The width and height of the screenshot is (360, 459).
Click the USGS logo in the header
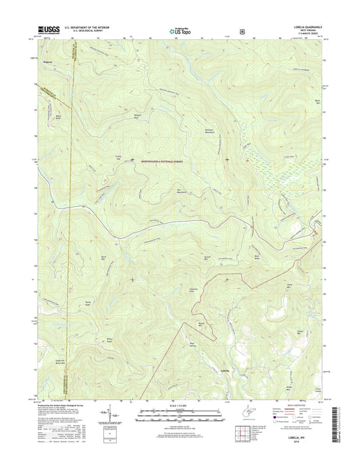point(51,30)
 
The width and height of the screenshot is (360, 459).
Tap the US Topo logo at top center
point(180,30)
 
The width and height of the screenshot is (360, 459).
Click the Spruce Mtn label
point(209,258)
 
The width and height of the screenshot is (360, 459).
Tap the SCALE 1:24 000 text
point(180,406)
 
